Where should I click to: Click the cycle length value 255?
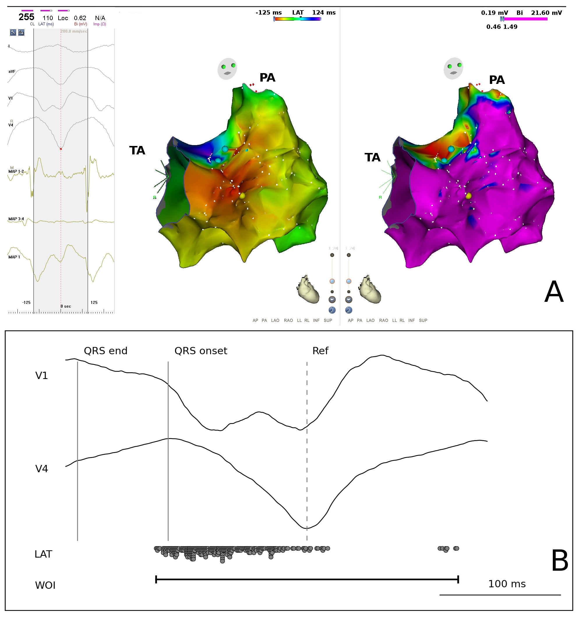tap(26, 17)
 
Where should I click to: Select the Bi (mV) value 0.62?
tap(80, 18)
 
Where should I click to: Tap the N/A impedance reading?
tap(100, 18)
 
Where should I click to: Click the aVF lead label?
tap(12, 71)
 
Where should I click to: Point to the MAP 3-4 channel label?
tap(16, 219)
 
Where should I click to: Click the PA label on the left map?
tap(267, 78)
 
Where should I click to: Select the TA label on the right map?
tap(372, 157)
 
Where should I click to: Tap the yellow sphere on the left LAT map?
tap(242, 196)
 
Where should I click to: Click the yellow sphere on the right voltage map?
tap(468, 196)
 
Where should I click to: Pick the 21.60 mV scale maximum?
tap(546, 13)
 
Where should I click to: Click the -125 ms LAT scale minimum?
tap(269, 13)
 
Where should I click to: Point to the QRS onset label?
tap(200, 351)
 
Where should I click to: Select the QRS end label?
tap(106, 351)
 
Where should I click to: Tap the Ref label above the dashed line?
tap(320, 351)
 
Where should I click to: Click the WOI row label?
tap(45, 585)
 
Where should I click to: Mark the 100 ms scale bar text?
tap(507, 584)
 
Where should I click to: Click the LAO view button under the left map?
tap(275, 320)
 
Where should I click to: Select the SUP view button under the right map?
tap(423, 320)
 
